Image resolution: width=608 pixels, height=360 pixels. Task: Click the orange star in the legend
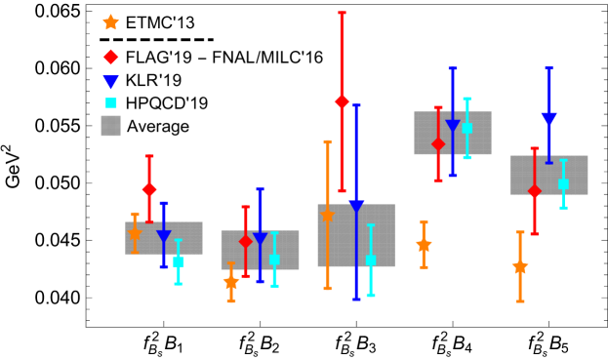111,22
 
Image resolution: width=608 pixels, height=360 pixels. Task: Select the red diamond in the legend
111,58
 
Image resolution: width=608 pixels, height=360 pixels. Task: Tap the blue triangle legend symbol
111,82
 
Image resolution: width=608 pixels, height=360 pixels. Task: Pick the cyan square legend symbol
111,102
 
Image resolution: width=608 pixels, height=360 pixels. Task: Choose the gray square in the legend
111,126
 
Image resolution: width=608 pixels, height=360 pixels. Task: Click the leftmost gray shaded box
164,238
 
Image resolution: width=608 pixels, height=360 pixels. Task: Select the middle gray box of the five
356,235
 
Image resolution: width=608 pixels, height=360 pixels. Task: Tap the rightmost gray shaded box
548,175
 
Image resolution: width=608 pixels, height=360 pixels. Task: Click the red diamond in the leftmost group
149,189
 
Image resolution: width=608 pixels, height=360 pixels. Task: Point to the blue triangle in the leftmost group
164,236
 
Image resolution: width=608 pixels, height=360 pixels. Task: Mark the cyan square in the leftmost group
179,261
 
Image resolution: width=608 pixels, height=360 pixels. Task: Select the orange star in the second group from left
231,282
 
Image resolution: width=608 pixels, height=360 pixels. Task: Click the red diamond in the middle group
342,101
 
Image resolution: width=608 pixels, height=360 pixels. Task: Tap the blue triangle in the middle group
356,207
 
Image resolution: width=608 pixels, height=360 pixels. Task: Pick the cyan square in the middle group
371,260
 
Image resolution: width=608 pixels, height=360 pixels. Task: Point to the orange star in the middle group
327,216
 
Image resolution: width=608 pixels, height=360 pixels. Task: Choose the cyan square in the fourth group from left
466,128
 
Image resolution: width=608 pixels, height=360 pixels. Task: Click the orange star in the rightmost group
520,266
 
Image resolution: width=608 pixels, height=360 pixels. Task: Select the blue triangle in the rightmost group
548,119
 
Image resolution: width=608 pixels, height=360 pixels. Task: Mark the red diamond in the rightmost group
534,191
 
